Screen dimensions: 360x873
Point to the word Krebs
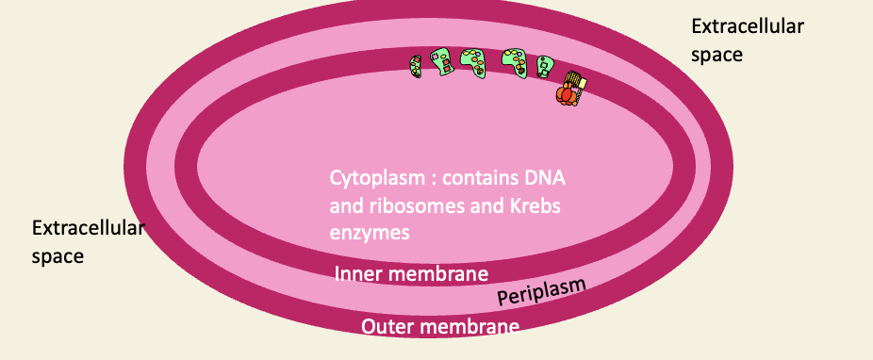tap(546, 205)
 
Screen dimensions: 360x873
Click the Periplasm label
tap(541, 292)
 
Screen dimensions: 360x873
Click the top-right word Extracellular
tap(748, 26)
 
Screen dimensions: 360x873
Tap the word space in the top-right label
tap(717, 55)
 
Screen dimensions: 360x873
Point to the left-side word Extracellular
tap(88, 228)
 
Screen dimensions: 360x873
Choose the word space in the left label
tap(58, 255)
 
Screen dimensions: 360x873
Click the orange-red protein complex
tap(568, 91)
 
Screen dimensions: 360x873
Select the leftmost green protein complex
tap(415, 65)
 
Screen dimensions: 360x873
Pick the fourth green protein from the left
tap(515, 62)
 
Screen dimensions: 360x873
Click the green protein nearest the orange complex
tap(545, 66)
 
